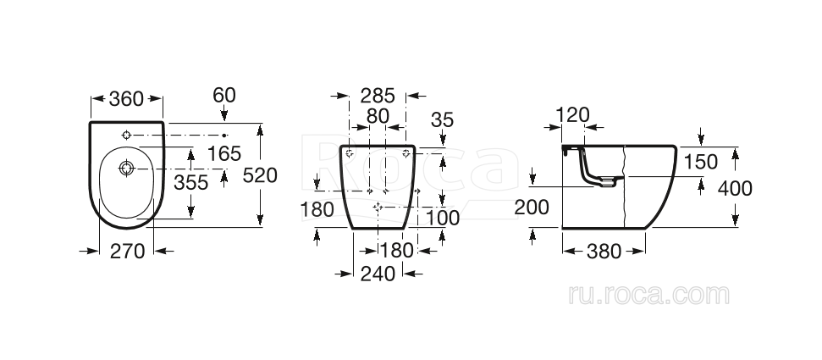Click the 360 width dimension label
[126, 98]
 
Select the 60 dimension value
[224, 95]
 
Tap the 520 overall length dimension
[260, 175]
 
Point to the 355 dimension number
[190, 183]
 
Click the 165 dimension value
[223, 154]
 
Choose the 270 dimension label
[127, 252]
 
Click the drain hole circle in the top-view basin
[126, 169]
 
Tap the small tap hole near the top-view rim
[126, 136]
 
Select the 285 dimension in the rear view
[378, 96]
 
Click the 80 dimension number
[378, 117]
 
